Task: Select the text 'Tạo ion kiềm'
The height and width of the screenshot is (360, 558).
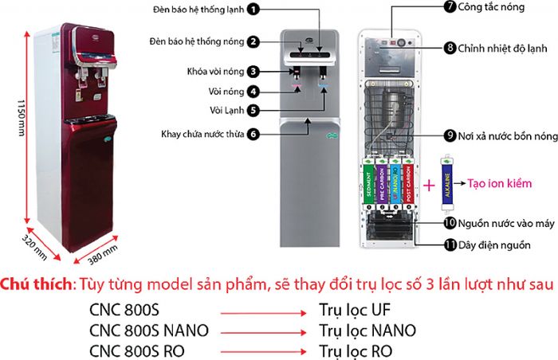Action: [x=499, y=183]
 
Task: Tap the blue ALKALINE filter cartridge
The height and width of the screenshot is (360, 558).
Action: [x=444, y=183]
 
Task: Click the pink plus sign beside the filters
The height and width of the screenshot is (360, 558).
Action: [x=429, y=185]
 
